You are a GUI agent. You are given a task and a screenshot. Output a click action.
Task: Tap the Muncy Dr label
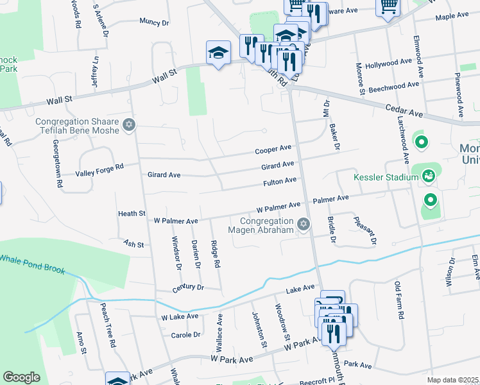154,22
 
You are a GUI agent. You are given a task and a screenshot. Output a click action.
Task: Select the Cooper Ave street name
273,150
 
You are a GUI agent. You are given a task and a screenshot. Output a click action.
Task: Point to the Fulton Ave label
280,182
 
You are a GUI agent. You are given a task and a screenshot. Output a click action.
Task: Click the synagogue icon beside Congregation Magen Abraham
303,224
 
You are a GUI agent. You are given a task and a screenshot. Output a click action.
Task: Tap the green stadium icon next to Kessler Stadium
428,173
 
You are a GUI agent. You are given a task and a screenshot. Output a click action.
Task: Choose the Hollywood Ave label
388,65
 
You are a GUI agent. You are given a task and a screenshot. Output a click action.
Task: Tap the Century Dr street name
188,288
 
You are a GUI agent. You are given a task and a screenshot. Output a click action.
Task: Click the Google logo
21,377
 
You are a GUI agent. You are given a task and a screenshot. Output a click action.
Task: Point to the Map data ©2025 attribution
452,381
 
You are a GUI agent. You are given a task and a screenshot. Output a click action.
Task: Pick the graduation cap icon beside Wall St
218,52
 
